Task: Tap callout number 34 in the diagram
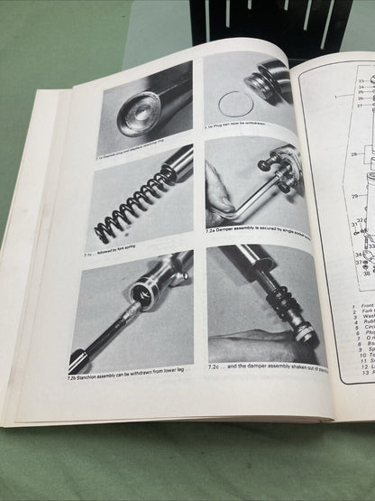(x=357, y=255)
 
